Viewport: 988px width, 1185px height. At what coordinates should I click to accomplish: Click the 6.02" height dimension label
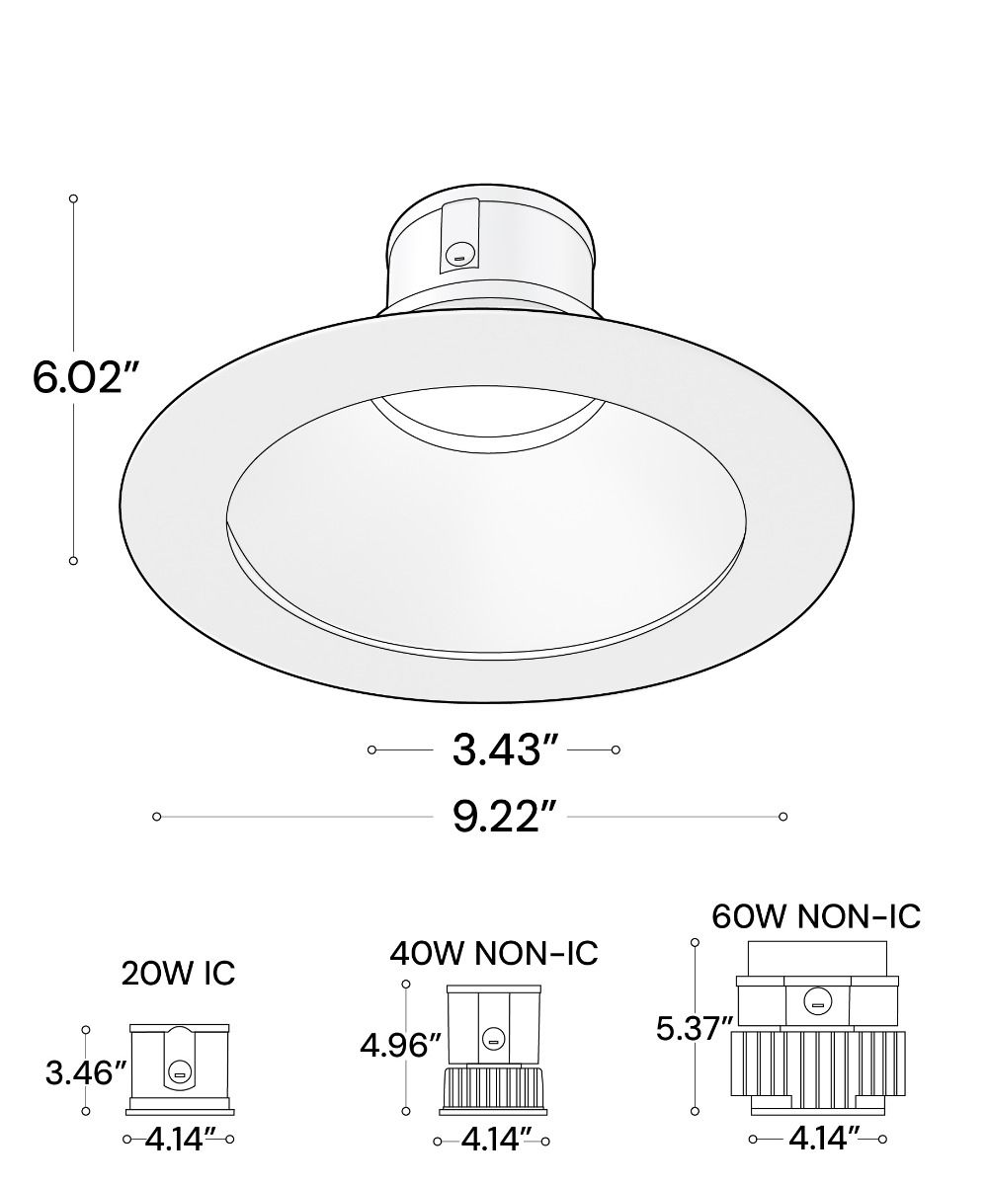click(x=86, y=377)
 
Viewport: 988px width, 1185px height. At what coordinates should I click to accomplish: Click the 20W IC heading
click(x=178, y=974)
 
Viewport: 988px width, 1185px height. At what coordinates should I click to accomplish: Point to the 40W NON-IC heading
click(x=493, y=953)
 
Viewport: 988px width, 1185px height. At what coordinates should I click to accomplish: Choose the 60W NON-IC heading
click(x=816, y=916)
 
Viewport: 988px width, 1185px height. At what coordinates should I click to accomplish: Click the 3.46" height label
click(x=86, y=1073)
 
